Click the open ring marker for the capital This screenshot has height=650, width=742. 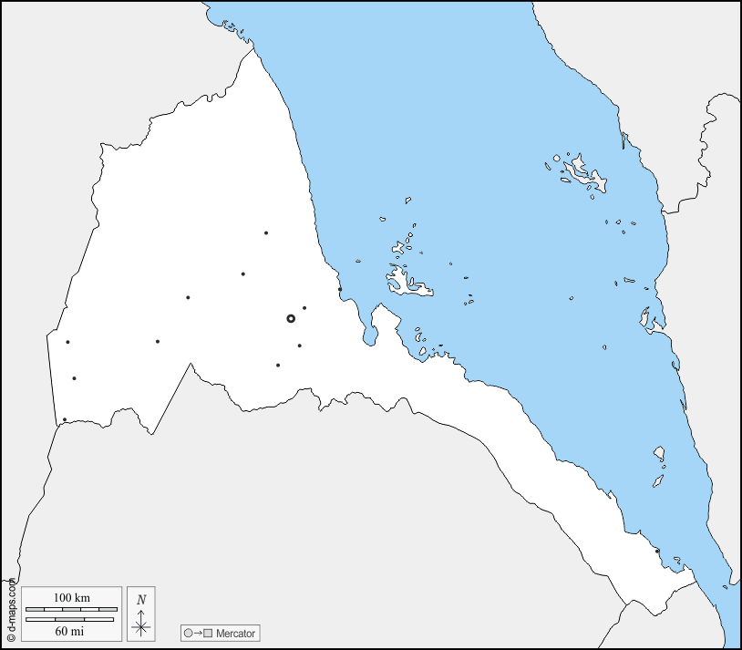291,319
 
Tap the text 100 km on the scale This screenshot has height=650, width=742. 71,597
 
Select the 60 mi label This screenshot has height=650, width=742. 70,630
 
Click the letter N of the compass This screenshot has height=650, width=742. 140,599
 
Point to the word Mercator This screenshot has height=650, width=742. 235,633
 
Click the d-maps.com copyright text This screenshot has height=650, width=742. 11,610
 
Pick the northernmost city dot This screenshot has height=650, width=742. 266,232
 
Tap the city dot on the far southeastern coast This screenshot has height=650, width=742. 657,551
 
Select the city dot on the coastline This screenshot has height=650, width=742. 340,289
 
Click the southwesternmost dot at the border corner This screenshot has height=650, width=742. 64,419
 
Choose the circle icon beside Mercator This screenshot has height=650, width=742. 188,633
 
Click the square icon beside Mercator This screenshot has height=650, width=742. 208,633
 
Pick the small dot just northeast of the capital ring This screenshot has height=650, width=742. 304,307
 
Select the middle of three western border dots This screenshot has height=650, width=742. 74,378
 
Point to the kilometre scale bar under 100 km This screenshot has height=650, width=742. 71,608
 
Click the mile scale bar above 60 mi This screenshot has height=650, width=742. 70,619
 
